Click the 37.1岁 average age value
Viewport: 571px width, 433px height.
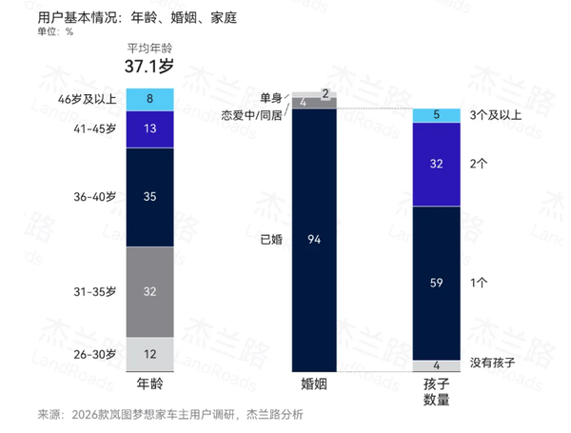(x=151, y=67)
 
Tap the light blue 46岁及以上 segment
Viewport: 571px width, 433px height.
(x=150, y=98)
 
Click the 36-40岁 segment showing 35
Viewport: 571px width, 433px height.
(x=150, y=197)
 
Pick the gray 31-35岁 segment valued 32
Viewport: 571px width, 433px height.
(x=150, y=292)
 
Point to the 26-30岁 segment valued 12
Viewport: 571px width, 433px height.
(x=150, y=353)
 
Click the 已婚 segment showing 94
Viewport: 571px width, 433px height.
(x=315, y=240)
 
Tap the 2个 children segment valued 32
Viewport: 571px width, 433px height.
(x=437, y=163)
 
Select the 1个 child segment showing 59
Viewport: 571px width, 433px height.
(x=437, y=282)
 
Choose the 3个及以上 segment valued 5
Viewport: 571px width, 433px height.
(x=437, y=115)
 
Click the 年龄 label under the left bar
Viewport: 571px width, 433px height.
(x=150, y=384)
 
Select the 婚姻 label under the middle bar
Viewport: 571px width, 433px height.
(x=315, y=384)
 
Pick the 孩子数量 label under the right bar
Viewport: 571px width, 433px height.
(x=437, y=391)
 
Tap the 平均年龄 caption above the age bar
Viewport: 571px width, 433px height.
(x=150, y=48)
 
